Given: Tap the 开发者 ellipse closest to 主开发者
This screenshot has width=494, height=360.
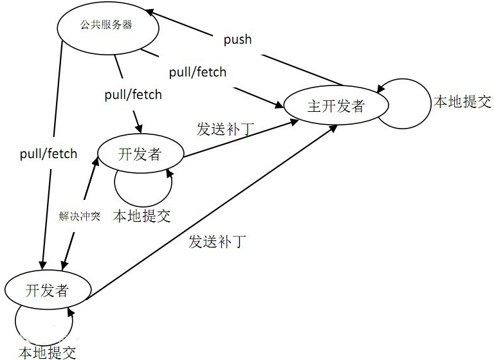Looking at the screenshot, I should [x=140, y=154].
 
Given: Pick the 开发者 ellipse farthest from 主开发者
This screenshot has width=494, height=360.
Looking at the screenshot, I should [x=46, y=291].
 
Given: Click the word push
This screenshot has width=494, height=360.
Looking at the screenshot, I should [x=237, y=40].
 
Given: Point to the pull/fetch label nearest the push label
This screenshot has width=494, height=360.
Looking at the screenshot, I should [x=198, y=72].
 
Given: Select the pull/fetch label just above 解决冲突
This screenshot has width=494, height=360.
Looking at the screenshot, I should [x=48, y=154].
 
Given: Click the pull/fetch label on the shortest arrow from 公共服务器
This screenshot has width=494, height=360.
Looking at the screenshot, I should [x=133, y=95].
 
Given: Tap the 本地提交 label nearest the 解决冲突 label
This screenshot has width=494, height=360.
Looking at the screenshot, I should [x=142, y=215].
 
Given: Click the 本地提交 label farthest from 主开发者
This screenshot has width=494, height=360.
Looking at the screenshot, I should [x=46, y=352].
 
